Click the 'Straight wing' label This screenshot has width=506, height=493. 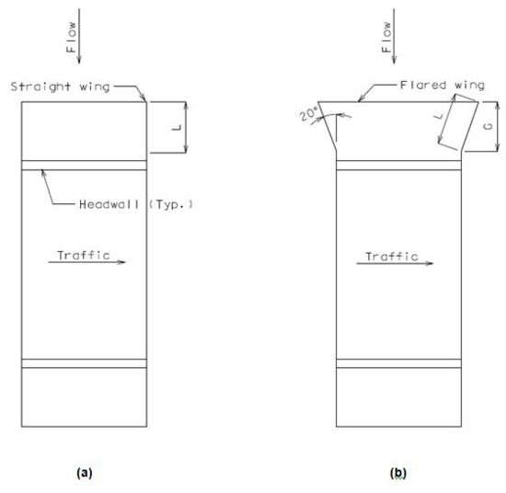tap(61, 86)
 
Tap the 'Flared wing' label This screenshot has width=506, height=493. tap(443, 86)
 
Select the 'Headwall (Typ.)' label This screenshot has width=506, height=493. tap(136, 204)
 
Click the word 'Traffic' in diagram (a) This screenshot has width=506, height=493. tap(84, 255)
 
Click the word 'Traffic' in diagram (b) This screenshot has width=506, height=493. tap(392, 257)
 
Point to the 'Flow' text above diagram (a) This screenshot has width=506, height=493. tap(71, 37)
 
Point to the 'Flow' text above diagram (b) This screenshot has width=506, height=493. tap(386, 37)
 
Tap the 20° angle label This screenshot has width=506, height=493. tap(309, 114)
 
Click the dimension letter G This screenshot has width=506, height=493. tap(489, 126)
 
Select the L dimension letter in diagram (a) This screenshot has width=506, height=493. tap(177, 128)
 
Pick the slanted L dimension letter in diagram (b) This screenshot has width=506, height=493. tap(439, 115)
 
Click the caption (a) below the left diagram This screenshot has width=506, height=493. tap(85, 473)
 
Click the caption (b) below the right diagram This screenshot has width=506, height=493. tap(398, 474)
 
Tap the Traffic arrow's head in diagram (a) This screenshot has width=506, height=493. tap(121, 262)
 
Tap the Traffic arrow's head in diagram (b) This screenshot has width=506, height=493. tap(430, 263)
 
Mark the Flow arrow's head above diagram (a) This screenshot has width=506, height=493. tap(79, 60)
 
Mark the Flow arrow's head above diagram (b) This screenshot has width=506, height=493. tap(394, 60)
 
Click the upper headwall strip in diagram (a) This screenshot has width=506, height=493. tap(85, 165)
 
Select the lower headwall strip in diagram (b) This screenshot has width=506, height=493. tap(399, 363)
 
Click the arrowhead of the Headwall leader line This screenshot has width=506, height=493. tap(43, 174)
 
